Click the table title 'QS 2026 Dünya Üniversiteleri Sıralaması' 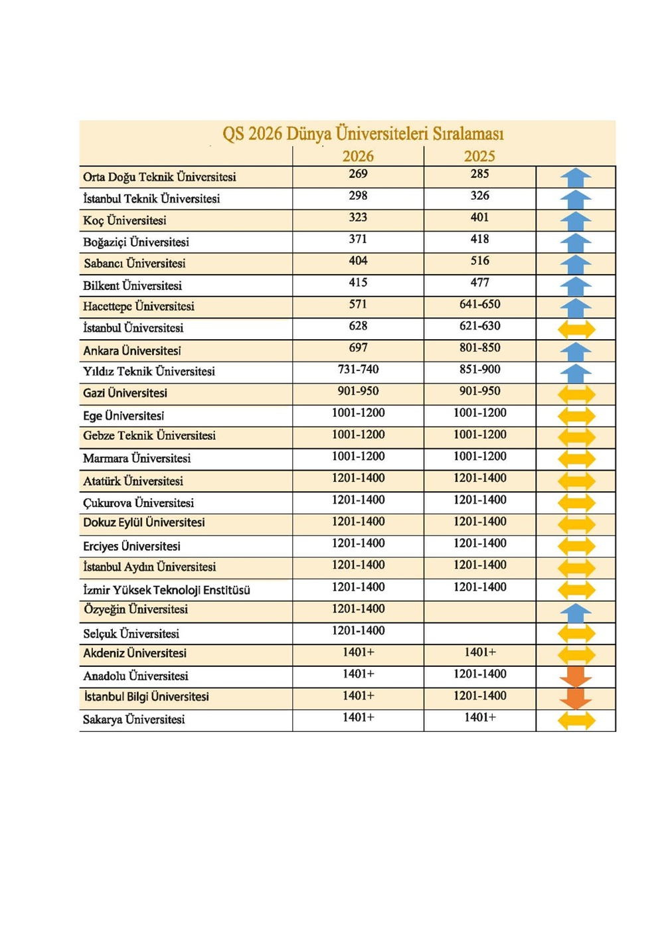click(363, 133)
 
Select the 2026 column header click(358, 156)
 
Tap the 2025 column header click(479, 156)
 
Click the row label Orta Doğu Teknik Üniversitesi click(159, 177)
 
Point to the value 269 click(358, 174)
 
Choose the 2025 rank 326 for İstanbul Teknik click(479, 196)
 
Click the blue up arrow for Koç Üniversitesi click(576, 220)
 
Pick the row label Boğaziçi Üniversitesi click(136, 242)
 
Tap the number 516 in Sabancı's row click(479, 261)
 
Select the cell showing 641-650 click(479, 305)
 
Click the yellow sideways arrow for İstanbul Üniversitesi click(576, 328)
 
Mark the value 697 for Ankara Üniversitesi click(358, 348)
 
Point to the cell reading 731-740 click(358, 370)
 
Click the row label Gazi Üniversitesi click(125, 394)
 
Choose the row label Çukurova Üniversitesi click(138, 503)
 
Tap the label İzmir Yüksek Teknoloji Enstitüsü click(167, 590)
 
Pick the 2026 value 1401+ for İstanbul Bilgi click(358, 696)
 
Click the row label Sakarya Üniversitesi click(133, 719)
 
